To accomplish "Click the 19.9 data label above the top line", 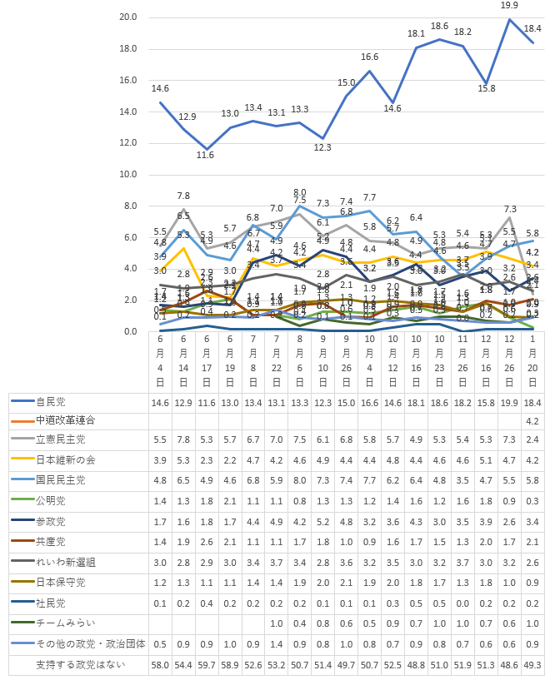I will pyautogui.click(x=510, y=5).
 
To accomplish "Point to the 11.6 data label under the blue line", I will pyautogui.click(x=207, y=155).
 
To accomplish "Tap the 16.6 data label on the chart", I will pyautogui.click(x=370, y=57).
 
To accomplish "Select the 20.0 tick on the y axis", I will pyautogui.click(x=128, y=17).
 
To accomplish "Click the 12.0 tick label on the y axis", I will pyautogui.click(x=128, y=143).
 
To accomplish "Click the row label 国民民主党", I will pyautogui.click(x=59, y=480).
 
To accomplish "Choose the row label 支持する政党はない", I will pyautogui.click(x=71, y=665).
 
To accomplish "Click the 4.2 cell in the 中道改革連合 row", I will pyautogui.click(x=533, y=420).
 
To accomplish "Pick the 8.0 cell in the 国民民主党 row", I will pyautogui.click(x=300, y=480).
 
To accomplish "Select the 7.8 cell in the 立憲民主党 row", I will pyautogui.click(x=183, y=439).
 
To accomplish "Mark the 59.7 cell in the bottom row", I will pyautogui.click(x=207, y=665).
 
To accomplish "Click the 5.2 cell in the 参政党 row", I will pyautogui.click(x=323, y=521).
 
